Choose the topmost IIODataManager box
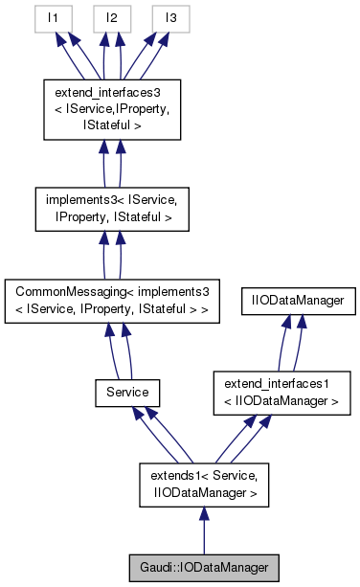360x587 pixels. (x=300, y=300)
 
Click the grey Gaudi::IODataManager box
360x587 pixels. (x=203, y=567)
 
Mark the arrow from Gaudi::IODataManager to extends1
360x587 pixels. (x=203, y=531)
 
